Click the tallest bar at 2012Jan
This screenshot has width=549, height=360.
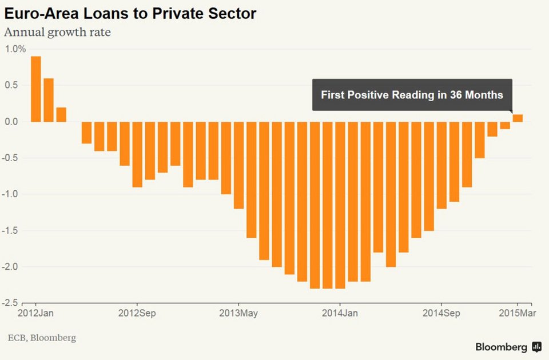tap(35, 89)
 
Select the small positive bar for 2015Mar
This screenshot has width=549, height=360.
tap(518, 118)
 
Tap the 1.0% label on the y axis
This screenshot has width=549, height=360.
tap(15, 49)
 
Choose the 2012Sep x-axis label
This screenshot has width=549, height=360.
tap(137, 314)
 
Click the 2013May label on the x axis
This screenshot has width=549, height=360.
tap(238, 314)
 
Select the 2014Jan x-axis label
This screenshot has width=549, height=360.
tap(340, 314)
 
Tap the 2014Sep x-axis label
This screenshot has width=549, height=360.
tap(441, 314)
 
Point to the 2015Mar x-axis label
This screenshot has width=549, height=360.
tap(518, 314)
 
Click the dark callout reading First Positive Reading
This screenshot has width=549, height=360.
tap(412, 95)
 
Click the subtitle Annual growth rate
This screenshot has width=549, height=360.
tap(57, 32)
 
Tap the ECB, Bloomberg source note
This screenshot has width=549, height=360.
tap(41, 338)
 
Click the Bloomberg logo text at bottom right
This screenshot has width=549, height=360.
tap(501, 347)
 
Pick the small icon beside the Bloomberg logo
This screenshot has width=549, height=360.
tap(536, 347)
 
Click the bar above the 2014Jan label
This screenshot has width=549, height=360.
tap(340, 205)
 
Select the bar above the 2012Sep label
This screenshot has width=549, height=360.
tap(137, 154)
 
